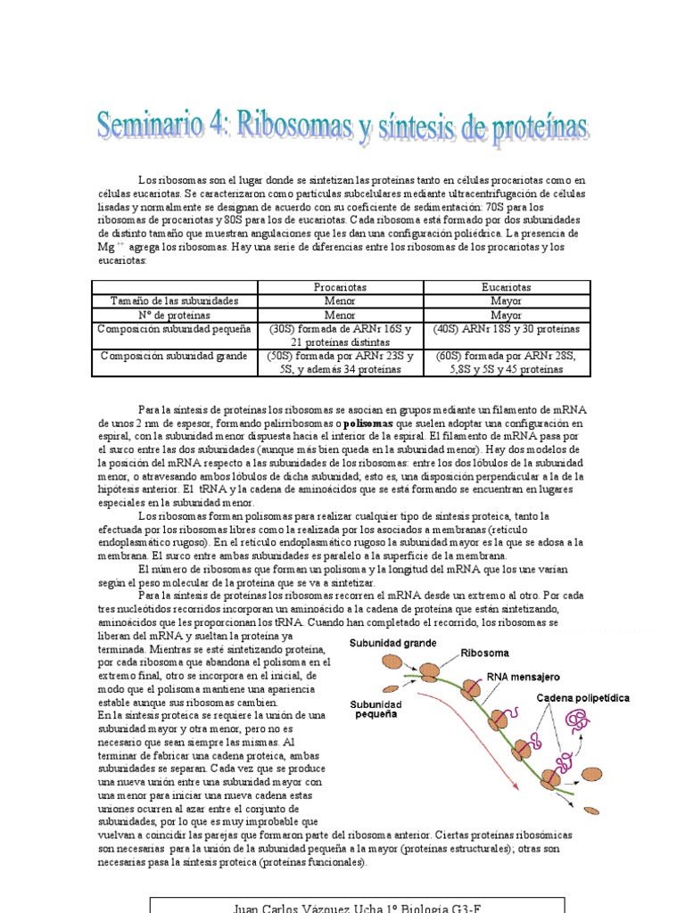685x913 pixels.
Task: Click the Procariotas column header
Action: coord(340,288)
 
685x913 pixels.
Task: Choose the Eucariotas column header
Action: coord(506,288)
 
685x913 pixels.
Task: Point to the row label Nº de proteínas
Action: coord(174,315)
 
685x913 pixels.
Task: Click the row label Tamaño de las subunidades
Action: coord(174,301)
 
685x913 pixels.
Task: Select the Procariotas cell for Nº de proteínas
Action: coord(340,315)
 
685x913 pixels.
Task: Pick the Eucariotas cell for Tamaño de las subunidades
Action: coord(506,301)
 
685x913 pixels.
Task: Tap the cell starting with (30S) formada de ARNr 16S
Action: coord(340,335)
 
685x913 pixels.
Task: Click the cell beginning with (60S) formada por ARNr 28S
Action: coord(506,362)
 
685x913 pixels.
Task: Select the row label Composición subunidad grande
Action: coord(174,356)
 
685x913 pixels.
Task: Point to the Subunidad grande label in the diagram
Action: coord(392,642)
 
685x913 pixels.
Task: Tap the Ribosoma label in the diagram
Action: coord(485,652)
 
